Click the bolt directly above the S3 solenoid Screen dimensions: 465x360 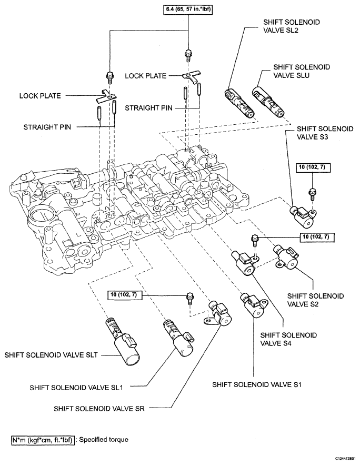(x=312, y=193)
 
